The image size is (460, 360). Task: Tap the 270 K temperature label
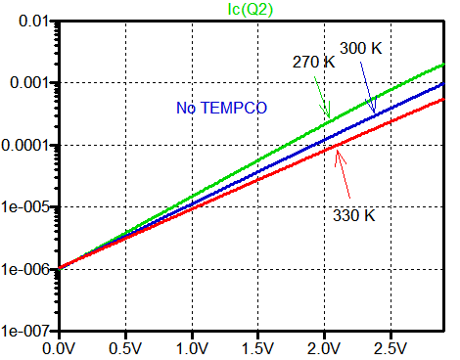pyautogui.click(x=313, y=62)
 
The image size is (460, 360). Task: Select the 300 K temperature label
pyautogui.click(x=360, y=47)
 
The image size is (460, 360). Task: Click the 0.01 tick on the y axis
pyautogui.click(x=33, y=21)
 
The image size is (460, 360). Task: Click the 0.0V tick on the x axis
pyautogui.click(x=60, y=347)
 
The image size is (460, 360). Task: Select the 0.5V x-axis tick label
pyautogui.click(x=126, y=347)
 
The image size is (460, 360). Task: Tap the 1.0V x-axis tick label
pyautogui.click(x=193, y=347)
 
